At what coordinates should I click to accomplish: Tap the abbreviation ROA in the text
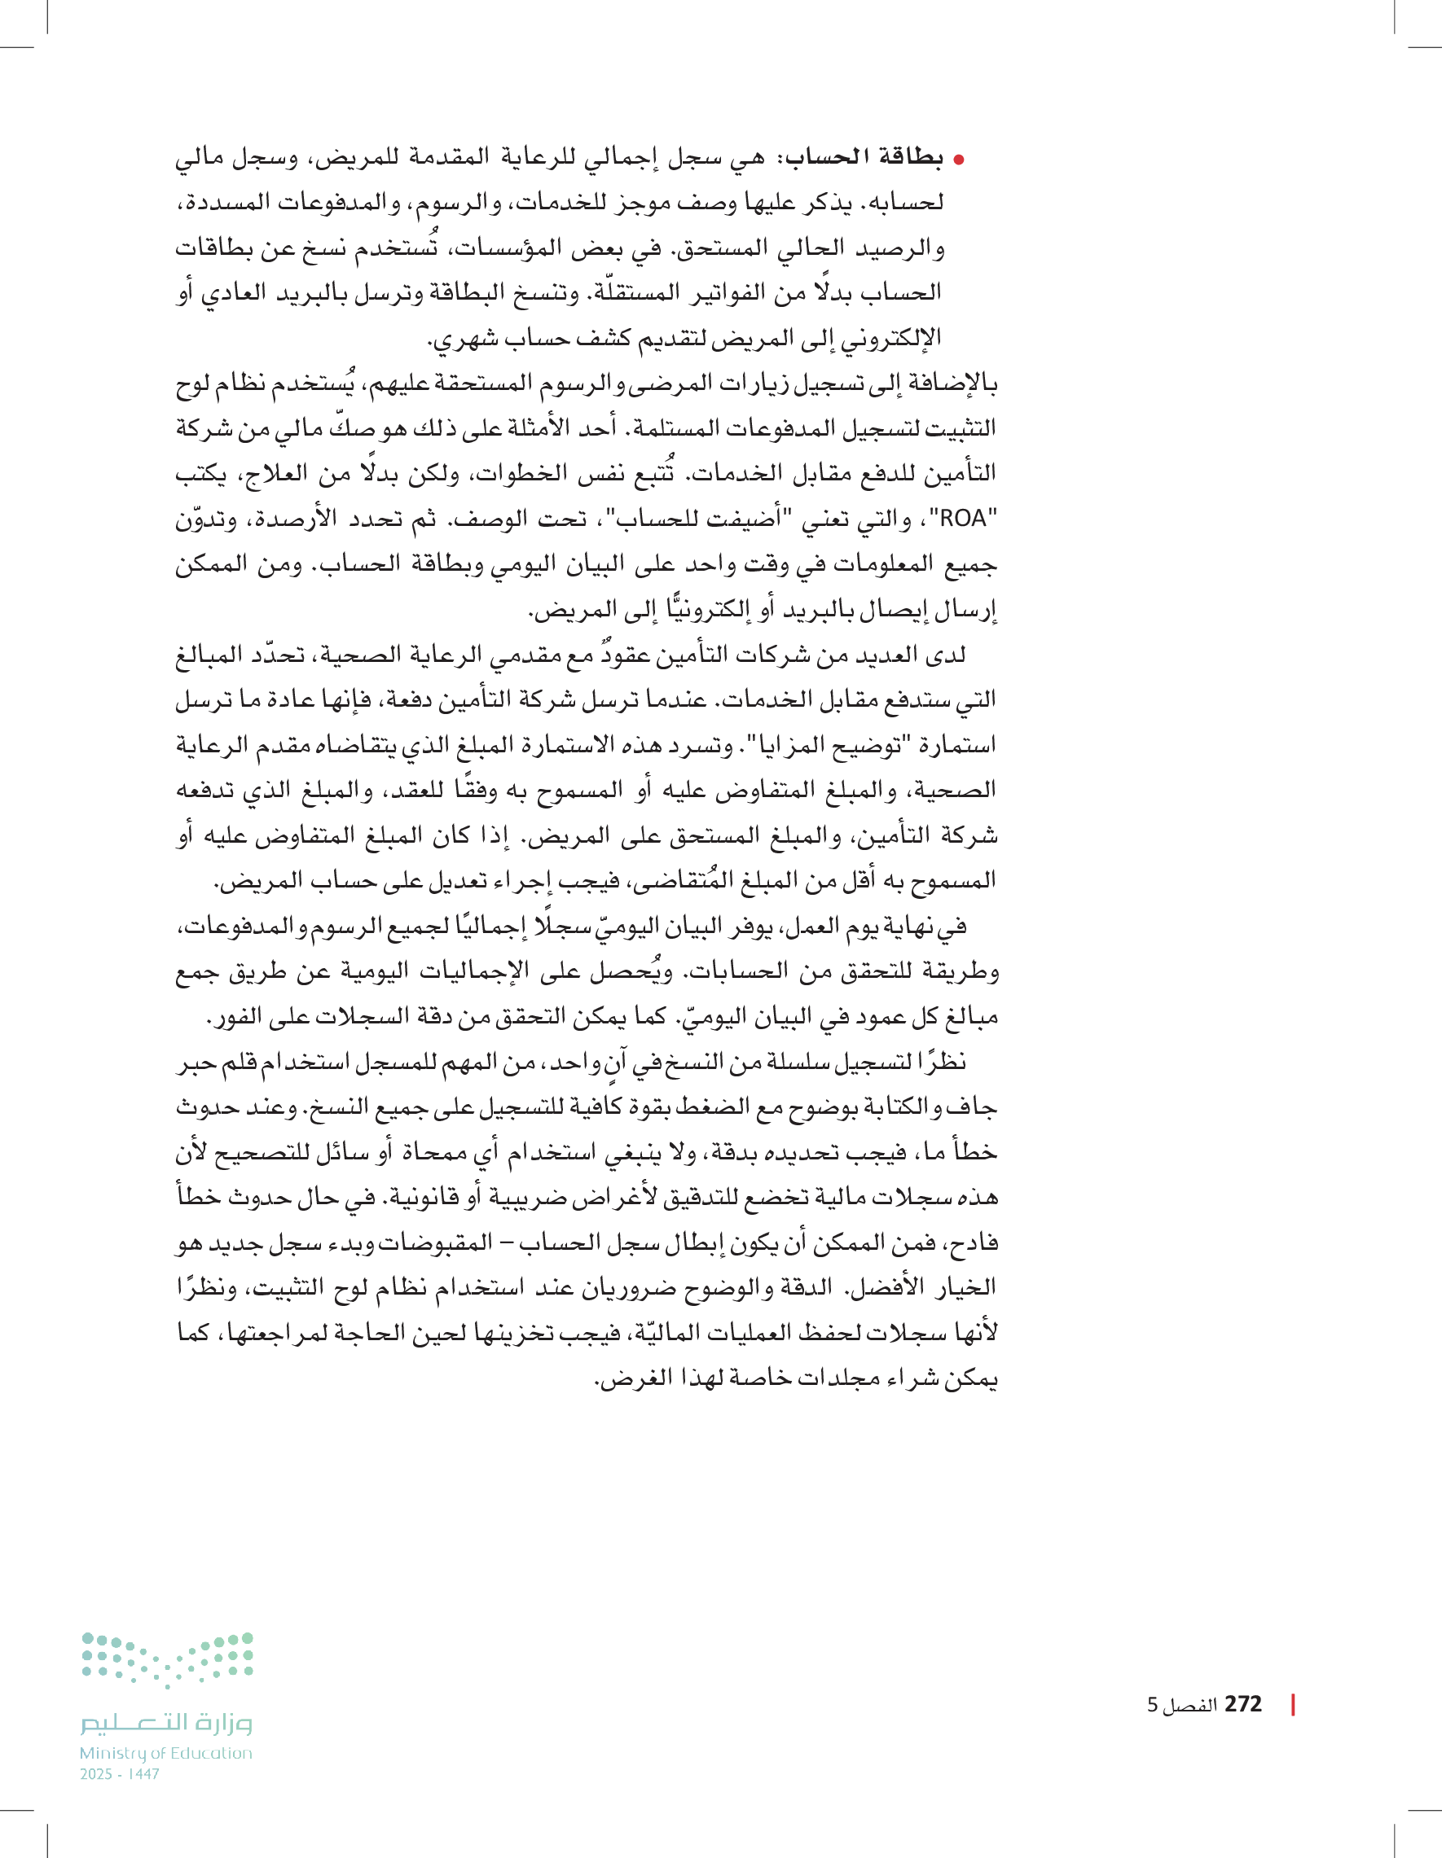[963, 518]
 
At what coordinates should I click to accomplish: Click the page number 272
[1243, 1704]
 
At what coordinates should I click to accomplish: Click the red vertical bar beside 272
[1293, 1704]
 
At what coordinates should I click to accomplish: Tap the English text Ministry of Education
[166, 1753]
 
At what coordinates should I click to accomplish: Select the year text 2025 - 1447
[119, 1774]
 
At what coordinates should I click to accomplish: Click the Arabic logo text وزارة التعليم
[167, 1724]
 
